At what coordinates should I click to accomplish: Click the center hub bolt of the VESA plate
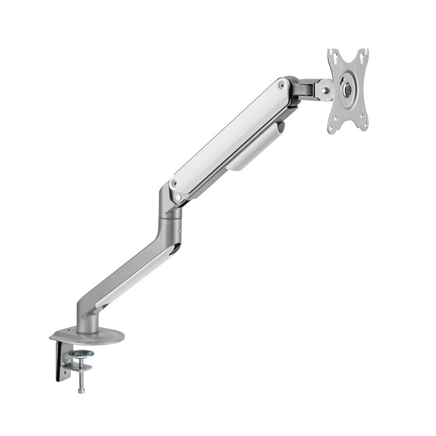(x=347, y=89)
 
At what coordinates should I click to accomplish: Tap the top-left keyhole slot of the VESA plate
(x=333, y=56)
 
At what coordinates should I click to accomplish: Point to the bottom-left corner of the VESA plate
(x=333, y=127)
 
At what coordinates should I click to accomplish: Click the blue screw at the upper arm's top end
(x=282, y=85)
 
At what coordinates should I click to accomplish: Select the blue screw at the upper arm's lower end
(x=175, y=184)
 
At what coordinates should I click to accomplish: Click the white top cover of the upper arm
(x=230, y=134)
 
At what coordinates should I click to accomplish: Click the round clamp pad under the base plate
(x=81, y=354)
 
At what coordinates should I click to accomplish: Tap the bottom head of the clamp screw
(x=81, y=389)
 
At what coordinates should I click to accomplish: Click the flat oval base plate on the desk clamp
(x=87, y=336)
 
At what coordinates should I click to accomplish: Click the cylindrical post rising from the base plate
(x=87, y=320)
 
